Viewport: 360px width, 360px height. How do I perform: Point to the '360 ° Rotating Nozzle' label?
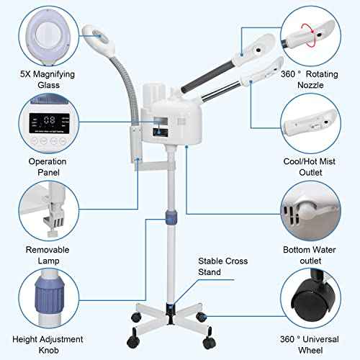coord(312,81)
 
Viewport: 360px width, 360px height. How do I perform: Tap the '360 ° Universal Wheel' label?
coord(312,344)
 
